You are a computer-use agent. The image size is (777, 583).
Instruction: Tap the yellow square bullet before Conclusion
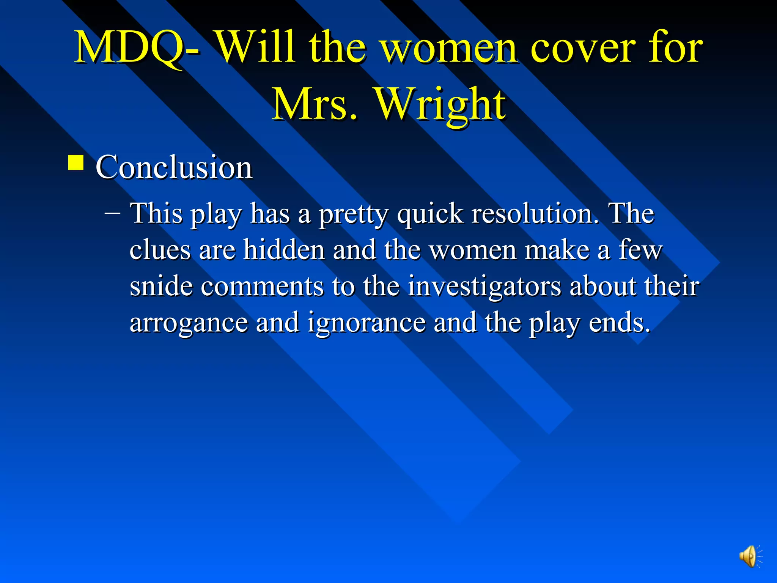click(76, 164)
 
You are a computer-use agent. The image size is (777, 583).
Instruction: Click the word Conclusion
click(174, 167)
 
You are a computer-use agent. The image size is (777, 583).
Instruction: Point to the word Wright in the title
click(440, 104)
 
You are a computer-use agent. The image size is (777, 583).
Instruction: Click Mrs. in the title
click(315, 104)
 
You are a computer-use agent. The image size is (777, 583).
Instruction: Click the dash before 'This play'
click(112, 213)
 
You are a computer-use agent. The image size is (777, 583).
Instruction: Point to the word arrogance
click(188, 323)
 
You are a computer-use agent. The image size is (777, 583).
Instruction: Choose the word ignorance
click(366, 323)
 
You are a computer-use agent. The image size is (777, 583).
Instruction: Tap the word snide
click(161, 286)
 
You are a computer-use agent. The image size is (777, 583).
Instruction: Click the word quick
click(430, 214)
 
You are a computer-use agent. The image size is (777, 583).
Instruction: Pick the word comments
click(262, 287)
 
